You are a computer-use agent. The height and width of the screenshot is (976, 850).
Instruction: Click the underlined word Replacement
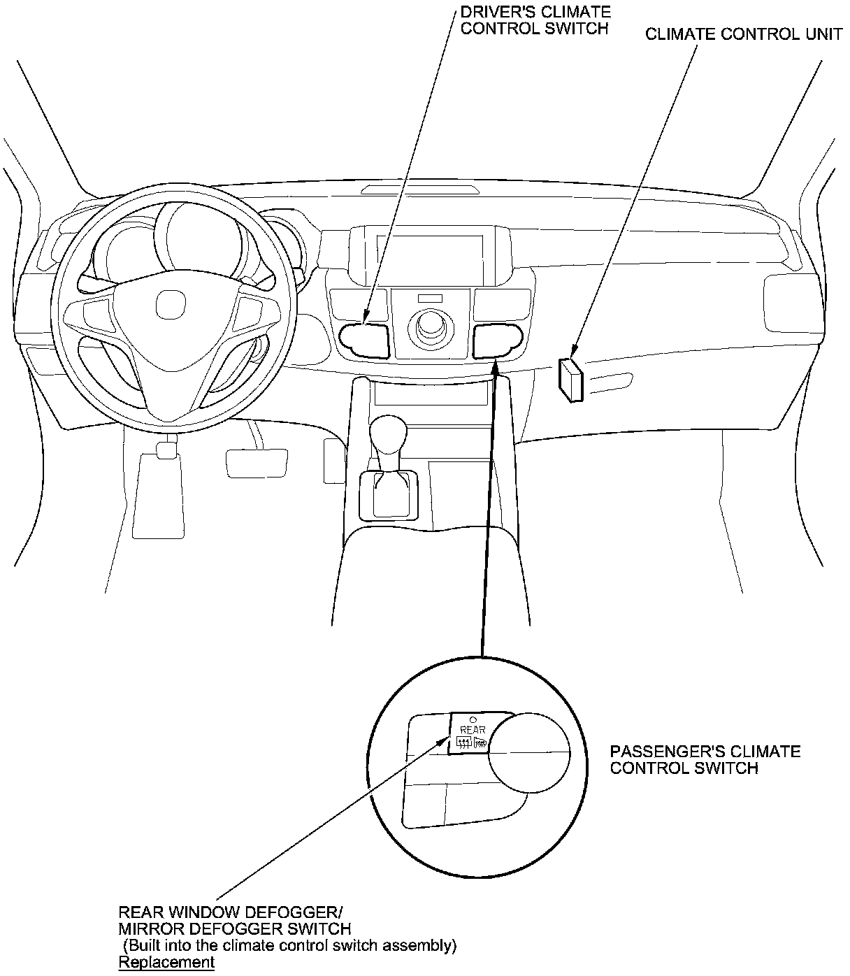point(166,962)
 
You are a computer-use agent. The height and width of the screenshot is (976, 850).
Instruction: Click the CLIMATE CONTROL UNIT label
point(744,34)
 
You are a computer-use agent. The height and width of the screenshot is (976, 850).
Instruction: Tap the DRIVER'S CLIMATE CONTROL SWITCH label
point(535,20)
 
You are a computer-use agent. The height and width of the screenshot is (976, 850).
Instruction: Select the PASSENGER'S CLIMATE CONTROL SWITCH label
point(705,759)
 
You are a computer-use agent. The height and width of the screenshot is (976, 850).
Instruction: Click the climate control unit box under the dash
point(570,379)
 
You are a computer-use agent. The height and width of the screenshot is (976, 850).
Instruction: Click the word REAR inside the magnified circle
point(473,730)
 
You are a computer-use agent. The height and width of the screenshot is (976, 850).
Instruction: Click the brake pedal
point(257,463)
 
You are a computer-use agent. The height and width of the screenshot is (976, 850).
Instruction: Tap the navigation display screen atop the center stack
point(428,256)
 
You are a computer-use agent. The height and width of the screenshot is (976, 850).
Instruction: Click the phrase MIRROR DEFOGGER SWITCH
point(234,928)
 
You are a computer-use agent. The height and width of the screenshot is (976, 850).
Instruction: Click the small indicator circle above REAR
point(473,718)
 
